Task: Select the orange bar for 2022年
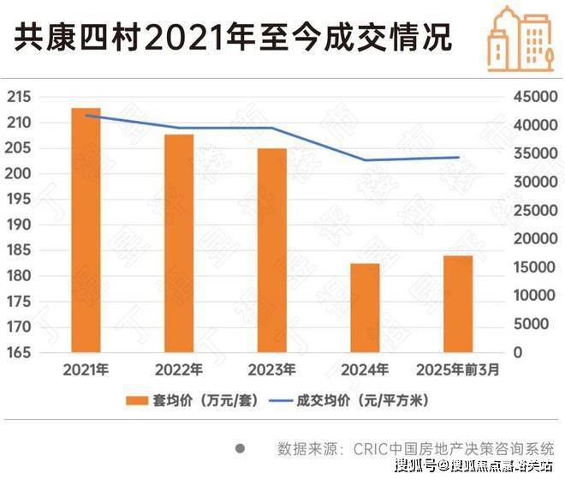pos(179,243)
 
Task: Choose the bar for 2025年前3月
pos(459,303)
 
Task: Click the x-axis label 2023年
pos(272,370)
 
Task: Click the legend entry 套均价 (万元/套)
pos(189,400)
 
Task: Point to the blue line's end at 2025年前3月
pos(459,158)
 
